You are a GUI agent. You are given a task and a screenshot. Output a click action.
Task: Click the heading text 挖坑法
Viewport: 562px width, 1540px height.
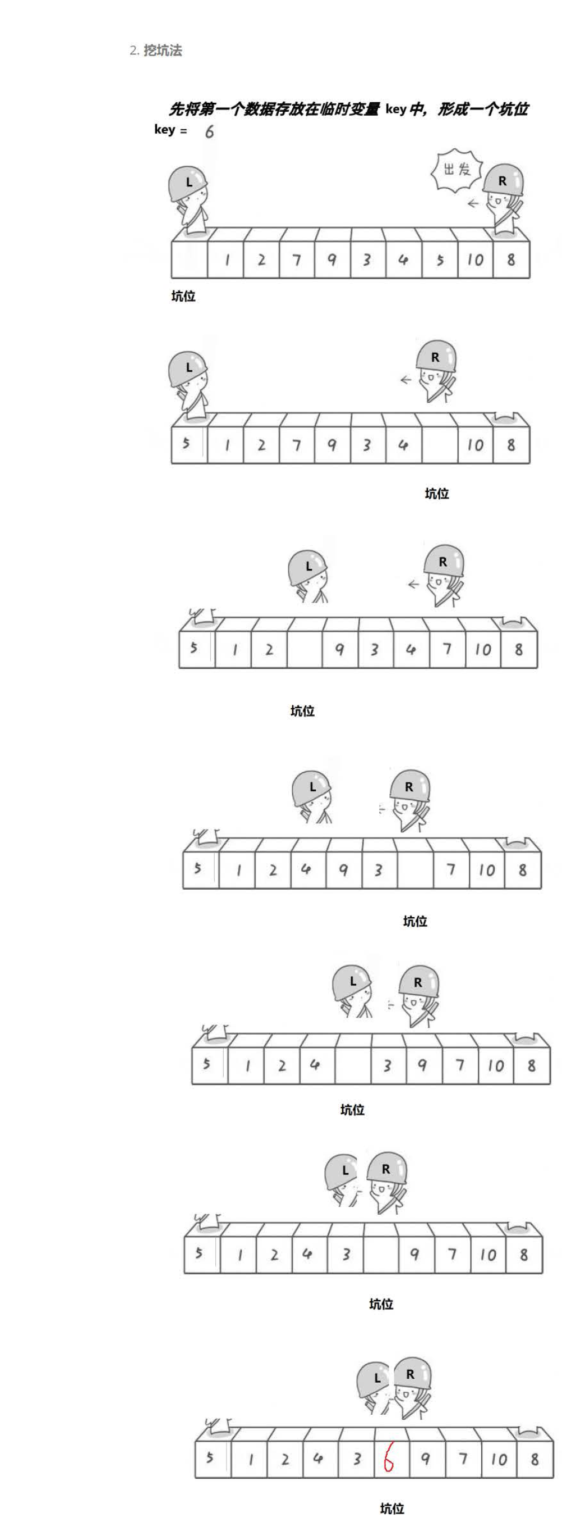click(163, 51)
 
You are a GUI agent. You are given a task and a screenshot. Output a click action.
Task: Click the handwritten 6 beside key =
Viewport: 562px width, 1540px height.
click(209, 131)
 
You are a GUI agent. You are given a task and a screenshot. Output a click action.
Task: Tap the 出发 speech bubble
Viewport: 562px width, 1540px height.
click(457, 170)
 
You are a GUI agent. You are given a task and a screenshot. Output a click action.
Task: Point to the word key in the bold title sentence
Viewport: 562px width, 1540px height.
click(395, 109)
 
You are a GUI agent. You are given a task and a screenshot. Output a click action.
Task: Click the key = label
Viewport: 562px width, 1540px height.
click(170, 130)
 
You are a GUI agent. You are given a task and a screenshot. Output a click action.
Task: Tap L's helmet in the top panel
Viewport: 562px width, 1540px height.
click(187, 183)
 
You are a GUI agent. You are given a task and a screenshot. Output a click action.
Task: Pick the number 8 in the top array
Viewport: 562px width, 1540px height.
click(510, 259)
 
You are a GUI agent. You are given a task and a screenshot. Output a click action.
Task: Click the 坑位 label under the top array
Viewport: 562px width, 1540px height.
click(183, 297)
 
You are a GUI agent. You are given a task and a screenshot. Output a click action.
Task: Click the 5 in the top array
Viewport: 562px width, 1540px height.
click(440, 260)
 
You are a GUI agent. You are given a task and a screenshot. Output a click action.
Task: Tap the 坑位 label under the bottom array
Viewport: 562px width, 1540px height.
click(392, 1509)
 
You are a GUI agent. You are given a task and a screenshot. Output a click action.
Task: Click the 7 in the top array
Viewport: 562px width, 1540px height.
click(296, 260)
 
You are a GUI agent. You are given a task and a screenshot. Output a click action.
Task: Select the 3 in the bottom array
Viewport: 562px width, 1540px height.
click(357, 1459)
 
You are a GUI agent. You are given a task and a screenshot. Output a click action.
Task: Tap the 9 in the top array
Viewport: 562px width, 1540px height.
click(332, 260)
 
